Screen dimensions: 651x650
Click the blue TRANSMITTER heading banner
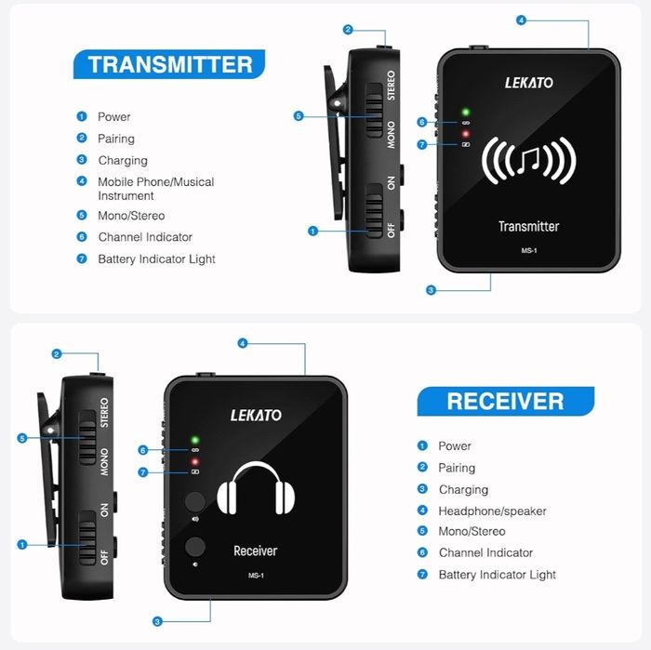tap(169, 64)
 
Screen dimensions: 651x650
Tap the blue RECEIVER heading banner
tap(506, 401)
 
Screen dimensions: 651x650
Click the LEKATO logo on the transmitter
tap(529, 83)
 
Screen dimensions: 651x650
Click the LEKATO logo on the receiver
tap(256, 415)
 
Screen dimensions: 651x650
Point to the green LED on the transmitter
tap(466, 113)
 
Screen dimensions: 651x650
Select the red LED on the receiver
tap(194, 461)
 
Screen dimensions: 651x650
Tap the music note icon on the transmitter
tap(528, 160)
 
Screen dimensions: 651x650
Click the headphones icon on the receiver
tap(256, 488)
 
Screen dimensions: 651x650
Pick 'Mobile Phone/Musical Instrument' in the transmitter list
tap(155, 189)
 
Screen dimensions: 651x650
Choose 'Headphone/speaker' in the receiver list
tap(492, 511)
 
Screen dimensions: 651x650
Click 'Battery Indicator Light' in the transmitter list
tap(156, 259)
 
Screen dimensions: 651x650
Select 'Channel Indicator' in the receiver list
tap(485, 552)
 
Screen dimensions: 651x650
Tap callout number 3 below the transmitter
tap(431, 290)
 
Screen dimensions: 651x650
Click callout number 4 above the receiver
tap(243, 343)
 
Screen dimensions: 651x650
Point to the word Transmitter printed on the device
tap(528, 226)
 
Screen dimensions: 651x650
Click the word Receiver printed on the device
tap(256, 551)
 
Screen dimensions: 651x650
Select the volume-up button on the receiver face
tap(195, 501)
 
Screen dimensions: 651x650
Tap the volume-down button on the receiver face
tap(195, 546)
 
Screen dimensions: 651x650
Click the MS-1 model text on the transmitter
tap(529, 250)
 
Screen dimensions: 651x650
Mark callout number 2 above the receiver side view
tap(57, 354)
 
